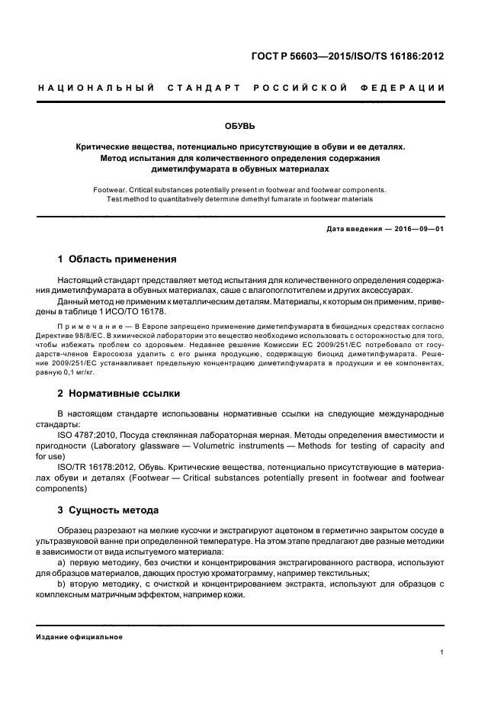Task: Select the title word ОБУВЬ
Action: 252,125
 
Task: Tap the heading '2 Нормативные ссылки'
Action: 119,394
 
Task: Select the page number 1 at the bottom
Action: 442,652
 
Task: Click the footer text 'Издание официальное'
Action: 80,637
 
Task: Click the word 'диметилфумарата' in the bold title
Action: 190,168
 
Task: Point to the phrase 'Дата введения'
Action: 351,229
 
